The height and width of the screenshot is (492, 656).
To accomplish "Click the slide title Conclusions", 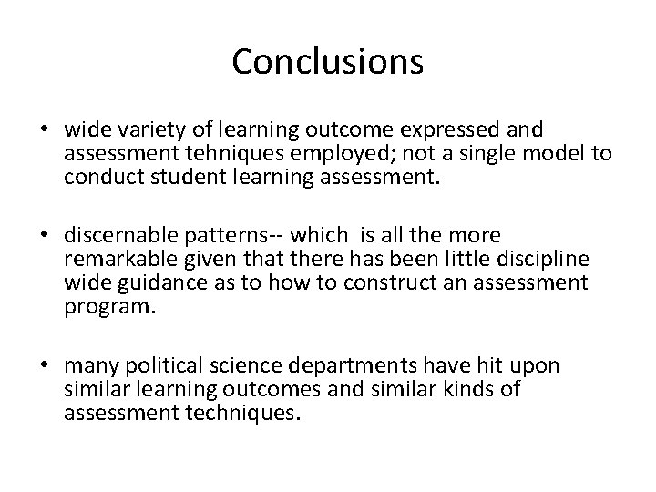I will [328, 62].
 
